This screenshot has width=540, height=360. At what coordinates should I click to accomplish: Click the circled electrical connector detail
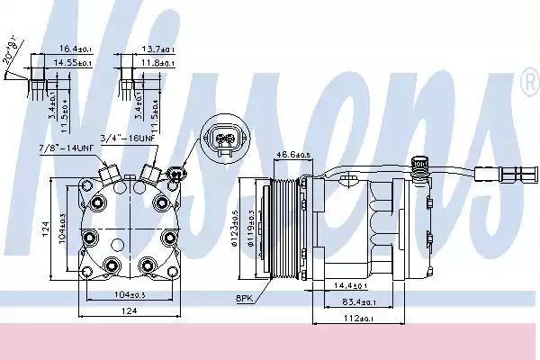click(224, 139)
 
